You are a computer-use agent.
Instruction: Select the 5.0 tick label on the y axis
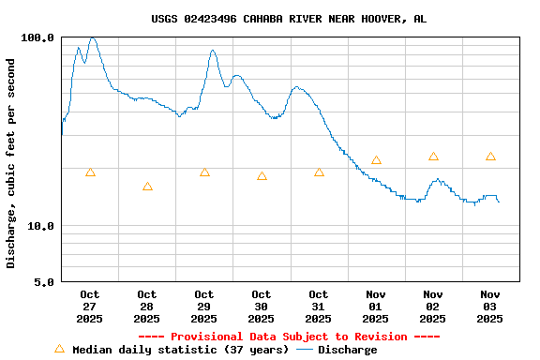click(44, 282)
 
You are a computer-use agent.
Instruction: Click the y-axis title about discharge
click(11, 163)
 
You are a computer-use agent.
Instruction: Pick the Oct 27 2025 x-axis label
click(90, 307)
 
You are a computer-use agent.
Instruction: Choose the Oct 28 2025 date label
click(147, 307)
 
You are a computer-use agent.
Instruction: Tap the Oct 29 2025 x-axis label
click(204, 307)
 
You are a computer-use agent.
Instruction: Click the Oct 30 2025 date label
click(262, 307)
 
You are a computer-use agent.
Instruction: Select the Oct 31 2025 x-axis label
click(319, 307)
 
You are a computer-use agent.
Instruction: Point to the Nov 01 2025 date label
click(376, 307)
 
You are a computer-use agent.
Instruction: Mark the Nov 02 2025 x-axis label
click(433, 307)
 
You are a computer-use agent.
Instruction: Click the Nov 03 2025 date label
click(490, 307)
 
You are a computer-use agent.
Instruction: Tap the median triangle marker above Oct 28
click(147, 187)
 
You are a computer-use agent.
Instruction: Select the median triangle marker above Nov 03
click(490, 157)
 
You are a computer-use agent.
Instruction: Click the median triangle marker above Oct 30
click(262, 175)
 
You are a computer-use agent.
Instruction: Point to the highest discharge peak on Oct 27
click(92, 38)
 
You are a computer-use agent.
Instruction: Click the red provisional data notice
click(289, 337)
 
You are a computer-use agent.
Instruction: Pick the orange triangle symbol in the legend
click(59, 349)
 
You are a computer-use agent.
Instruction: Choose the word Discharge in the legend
click(347, 350)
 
